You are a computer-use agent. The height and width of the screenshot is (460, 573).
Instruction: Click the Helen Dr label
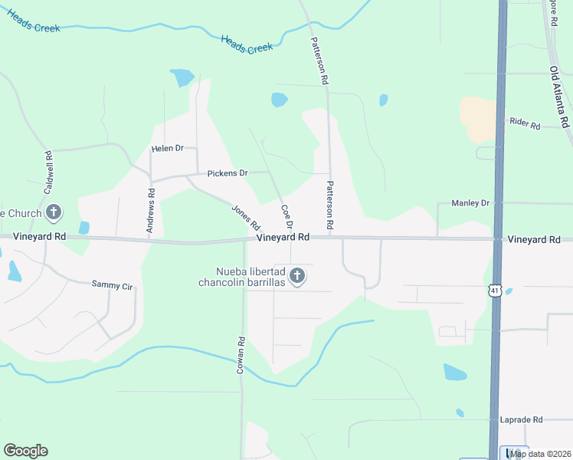[168, 148]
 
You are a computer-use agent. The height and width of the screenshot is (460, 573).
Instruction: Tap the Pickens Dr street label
[228, 173]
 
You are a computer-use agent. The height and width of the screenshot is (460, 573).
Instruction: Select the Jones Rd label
[246, 217]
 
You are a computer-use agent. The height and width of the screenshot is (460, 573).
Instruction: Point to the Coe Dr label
[286, 216]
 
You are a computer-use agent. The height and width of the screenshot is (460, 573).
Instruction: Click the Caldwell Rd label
[47, 170]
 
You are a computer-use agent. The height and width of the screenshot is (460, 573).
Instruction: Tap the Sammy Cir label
[112, 286]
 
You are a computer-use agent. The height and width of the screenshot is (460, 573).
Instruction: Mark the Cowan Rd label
[241, 355]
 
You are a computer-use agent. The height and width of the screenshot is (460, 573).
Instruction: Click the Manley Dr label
[470, 202]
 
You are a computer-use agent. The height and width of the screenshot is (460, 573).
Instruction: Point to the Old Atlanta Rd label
[559, 97]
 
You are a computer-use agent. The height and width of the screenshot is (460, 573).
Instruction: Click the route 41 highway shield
[496, 290]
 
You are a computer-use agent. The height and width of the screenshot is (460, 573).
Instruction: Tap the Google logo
[25, 451]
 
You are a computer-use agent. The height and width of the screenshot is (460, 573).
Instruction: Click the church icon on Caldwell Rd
[54, 212]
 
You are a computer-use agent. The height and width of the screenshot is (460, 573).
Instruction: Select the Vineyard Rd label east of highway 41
[533, 240]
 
